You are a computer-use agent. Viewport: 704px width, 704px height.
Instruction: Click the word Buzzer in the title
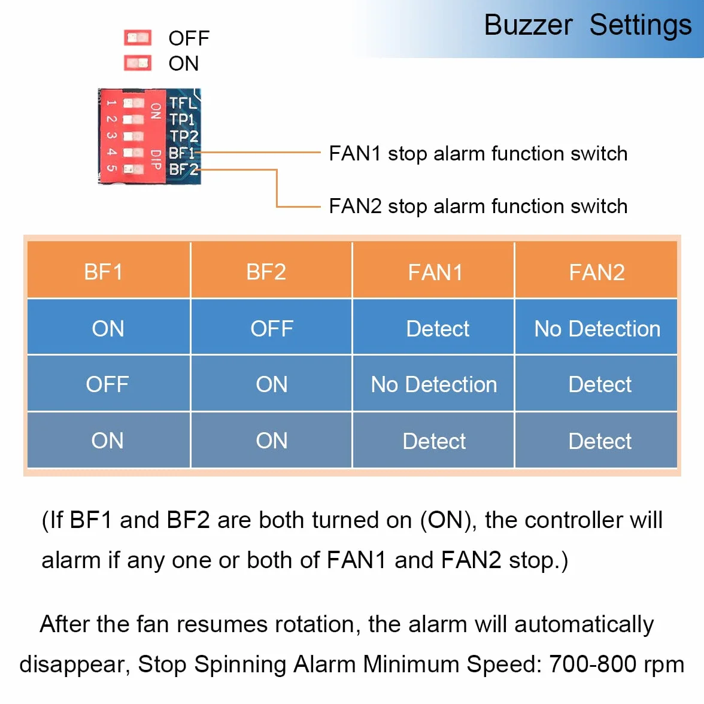(528, 25)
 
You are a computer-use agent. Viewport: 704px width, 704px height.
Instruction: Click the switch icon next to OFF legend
(138, 38)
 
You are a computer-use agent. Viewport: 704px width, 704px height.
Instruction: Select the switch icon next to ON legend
(138, 63)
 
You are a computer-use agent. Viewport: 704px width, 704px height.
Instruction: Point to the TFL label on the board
(183, 103)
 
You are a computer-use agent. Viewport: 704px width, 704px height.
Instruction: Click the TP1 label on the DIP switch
(182, 120)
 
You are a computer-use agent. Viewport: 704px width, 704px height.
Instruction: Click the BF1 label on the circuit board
(182, 153)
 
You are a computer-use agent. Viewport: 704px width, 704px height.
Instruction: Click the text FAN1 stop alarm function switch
(478, 154)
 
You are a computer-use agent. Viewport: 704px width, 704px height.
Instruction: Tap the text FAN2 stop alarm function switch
(478, 207)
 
